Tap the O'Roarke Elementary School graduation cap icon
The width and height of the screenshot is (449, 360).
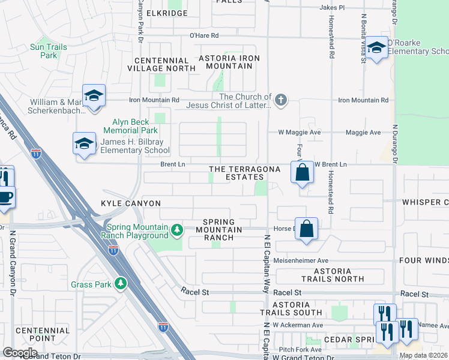(377, 47)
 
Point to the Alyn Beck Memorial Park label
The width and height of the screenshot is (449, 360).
(130, 125)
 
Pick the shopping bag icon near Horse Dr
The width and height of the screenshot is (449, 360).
(307, 229)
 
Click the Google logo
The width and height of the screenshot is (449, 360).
(20, 352)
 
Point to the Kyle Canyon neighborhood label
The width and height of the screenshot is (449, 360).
(130, 203)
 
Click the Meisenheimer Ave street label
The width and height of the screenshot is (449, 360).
(301, 261)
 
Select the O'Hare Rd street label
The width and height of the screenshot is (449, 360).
(204, 35)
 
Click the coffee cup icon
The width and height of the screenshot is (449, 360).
(5, 197)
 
